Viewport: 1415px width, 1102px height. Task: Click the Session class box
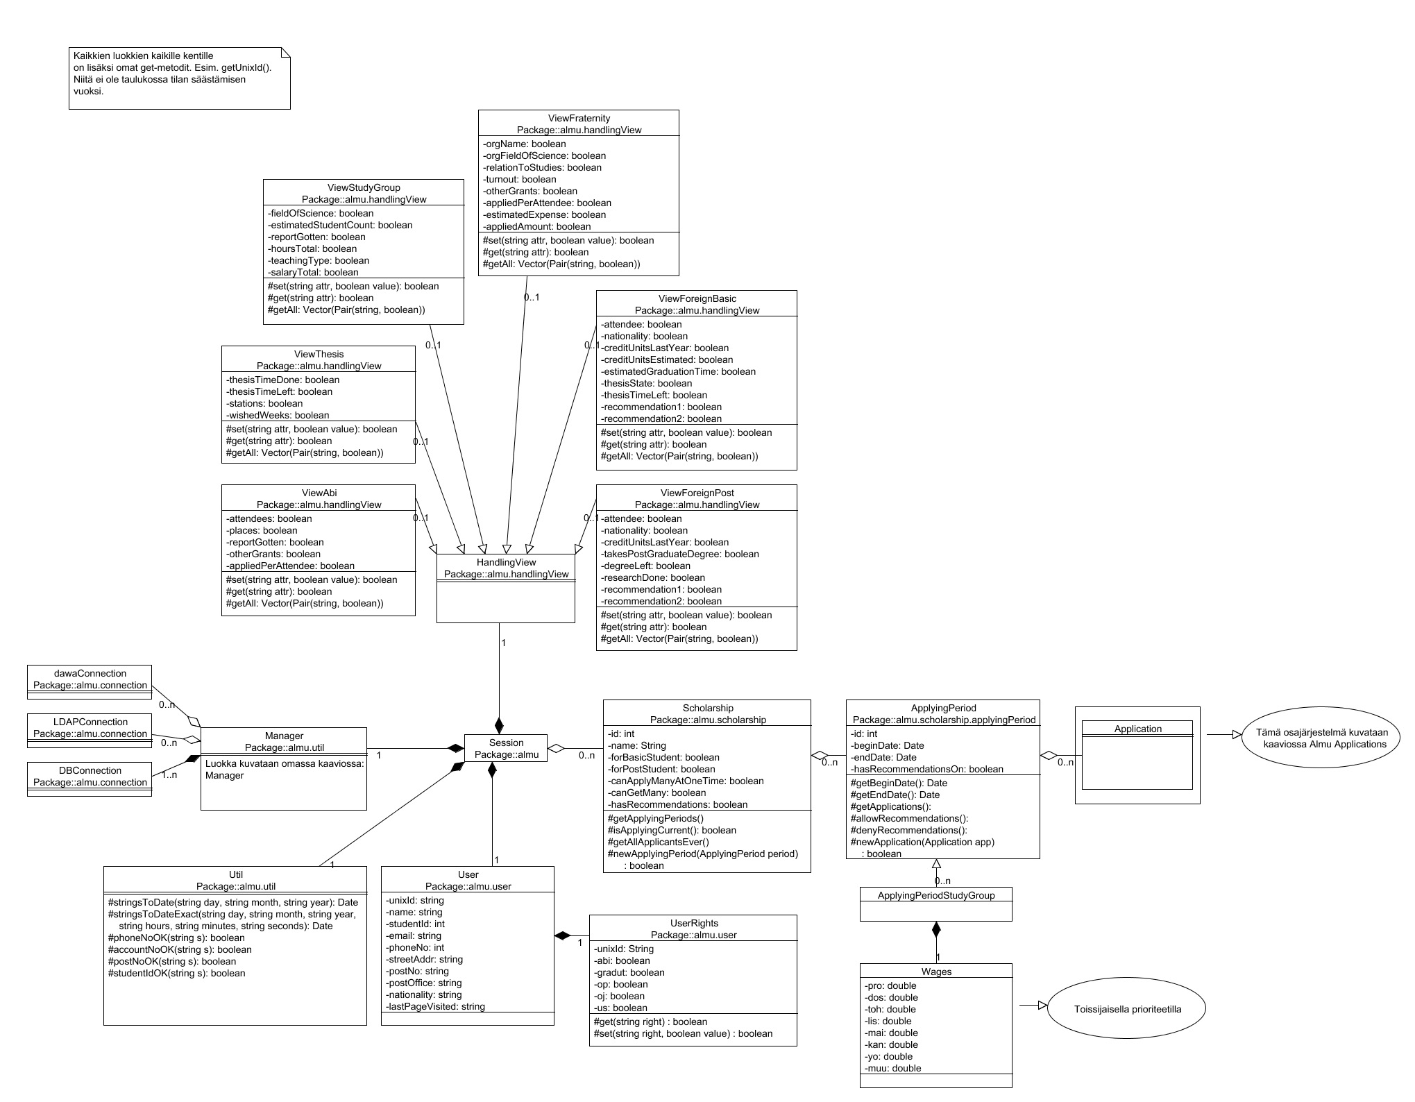(x=506, y=748)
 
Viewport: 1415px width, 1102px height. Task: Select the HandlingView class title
(x=506, y=562)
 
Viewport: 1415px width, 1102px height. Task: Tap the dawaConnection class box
(x=90, y=679)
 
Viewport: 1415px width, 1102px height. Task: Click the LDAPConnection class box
(x=90, y=728)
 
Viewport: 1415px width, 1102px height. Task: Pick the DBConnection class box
(x=90, y=777)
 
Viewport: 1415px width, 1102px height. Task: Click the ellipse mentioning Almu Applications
(x=1321, y=738)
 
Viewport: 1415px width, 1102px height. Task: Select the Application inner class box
(x=1137, y=729)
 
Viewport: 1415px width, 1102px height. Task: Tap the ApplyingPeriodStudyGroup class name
(x=935, y=895)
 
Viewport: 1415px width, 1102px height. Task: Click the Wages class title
(x=935, y=972)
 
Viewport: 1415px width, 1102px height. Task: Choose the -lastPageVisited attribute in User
(x=435, y=1006)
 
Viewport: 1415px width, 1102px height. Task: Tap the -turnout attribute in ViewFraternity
(x=520, y=179)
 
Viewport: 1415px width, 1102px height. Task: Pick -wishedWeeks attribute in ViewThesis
(x=278, y=415)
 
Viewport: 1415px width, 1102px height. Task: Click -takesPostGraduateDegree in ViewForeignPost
(x=679, y=554)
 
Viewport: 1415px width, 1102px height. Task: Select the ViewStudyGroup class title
(x=364, y=187)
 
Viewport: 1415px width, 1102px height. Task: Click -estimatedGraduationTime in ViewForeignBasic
(x=678, y=371)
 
